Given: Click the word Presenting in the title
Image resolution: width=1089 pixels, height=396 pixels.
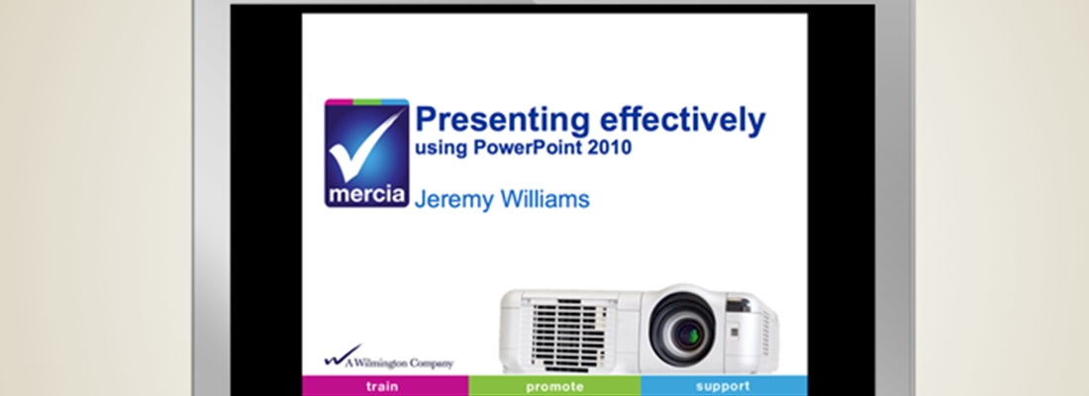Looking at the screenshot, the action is [x=502, y=122].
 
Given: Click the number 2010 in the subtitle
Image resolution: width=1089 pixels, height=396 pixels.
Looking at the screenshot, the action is [x=609, y=148].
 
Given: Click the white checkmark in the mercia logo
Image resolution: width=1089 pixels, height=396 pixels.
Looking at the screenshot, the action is [x=362, y=149].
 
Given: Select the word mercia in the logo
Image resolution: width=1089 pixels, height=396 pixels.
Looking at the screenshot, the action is [x=366, y=195].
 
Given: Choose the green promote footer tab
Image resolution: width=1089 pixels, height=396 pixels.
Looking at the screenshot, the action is [x=554, y=386].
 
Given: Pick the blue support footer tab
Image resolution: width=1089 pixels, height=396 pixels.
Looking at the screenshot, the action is [x=724, y=386].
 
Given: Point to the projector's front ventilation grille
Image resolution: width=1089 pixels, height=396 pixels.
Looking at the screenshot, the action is [x=569, y=332].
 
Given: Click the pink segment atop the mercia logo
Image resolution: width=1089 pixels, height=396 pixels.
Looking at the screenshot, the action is [x=339, y=102].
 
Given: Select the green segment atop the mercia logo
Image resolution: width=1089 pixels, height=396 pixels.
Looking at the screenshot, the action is [x=367, y=102].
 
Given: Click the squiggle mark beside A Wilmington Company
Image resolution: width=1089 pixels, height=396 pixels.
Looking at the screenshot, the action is [x=343, y=355].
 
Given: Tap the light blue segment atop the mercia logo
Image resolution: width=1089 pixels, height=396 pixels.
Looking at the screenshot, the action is [x=395, y=102].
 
